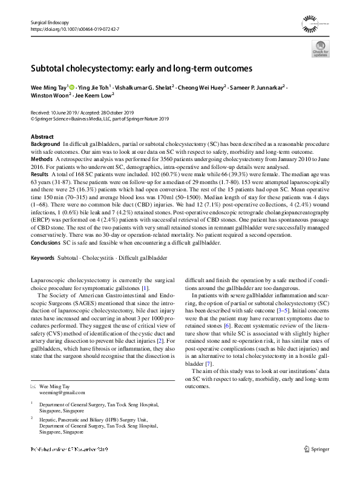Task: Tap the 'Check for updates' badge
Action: (x=320, y=50)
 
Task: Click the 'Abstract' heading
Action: (x=42, y=137)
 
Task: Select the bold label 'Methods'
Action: (x=42, y=159)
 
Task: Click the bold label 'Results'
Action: (x=40, y=173)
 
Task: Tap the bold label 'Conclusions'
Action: (x=47, y=242)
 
